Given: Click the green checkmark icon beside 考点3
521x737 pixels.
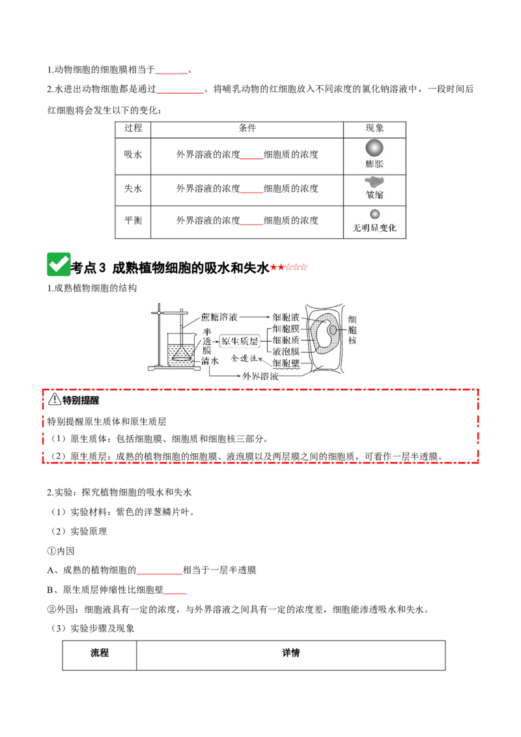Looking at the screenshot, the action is pyautogui.click(x=59, y=264).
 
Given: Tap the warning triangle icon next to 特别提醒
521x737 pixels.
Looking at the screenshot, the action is pyautogui.click(x=55, y=399).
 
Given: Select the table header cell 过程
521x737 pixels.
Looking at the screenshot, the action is pyautogui.click(x=133, y=128).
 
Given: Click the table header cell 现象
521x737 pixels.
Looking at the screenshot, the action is pyautogui.click(x=374, y=128).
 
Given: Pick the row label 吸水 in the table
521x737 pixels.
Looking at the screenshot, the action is pyautogui.click(x=133, y=155).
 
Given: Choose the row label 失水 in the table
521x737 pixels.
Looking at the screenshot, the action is pyautogui.click(x=133, y=188).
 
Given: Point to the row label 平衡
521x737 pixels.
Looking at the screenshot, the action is pyautogui.click(x=133, y=221).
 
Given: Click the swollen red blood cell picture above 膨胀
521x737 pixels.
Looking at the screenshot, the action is pyautogui.click(x=374, y=148).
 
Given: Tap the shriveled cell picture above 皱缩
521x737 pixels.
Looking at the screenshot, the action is pyautogui.click(x=374, y=182).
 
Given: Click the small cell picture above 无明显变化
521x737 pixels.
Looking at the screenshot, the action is pyautogui.click(x=374, y=214).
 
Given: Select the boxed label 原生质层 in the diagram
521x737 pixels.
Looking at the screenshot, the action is pyautogui.click(x=240, y=341).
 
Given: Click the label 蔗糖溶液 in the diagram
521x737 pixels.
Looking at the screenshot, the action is pyautogui.click(x=219, y=317).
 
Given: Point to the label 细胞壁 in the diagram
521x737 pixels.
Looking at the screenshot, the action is pyautogui.click(x=286, y=363).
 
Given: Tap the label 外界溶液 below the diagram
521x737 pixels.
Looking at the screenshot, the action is pyautogui.click(x=260, y=376).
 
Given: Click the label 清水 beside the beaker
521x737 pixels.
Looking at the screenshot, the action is pyautogui.click(x=210, y=361).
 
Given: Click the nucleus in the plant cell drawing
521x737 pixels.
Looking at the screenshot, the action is pyautogui.click(x=333, y=330).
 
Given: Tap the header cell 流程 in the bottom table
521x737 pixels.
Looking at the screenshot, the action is pyautogui.click(x=100, y=653).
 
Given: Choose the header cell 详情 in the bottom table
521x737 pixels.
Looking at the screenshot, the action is pyautogui.click(x=291, y=653).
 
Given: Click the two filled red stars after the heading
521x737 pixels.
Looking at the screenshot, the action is pyautogui.click(x=277, y=268).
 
